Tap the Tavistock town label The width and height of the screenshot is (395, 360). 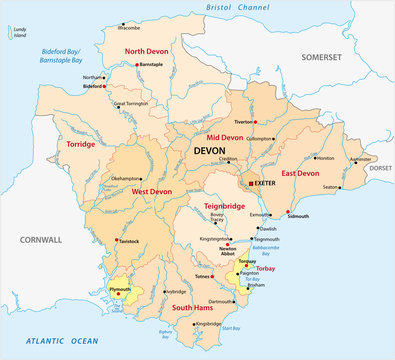pyautogui.click(x=125, y=241)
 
